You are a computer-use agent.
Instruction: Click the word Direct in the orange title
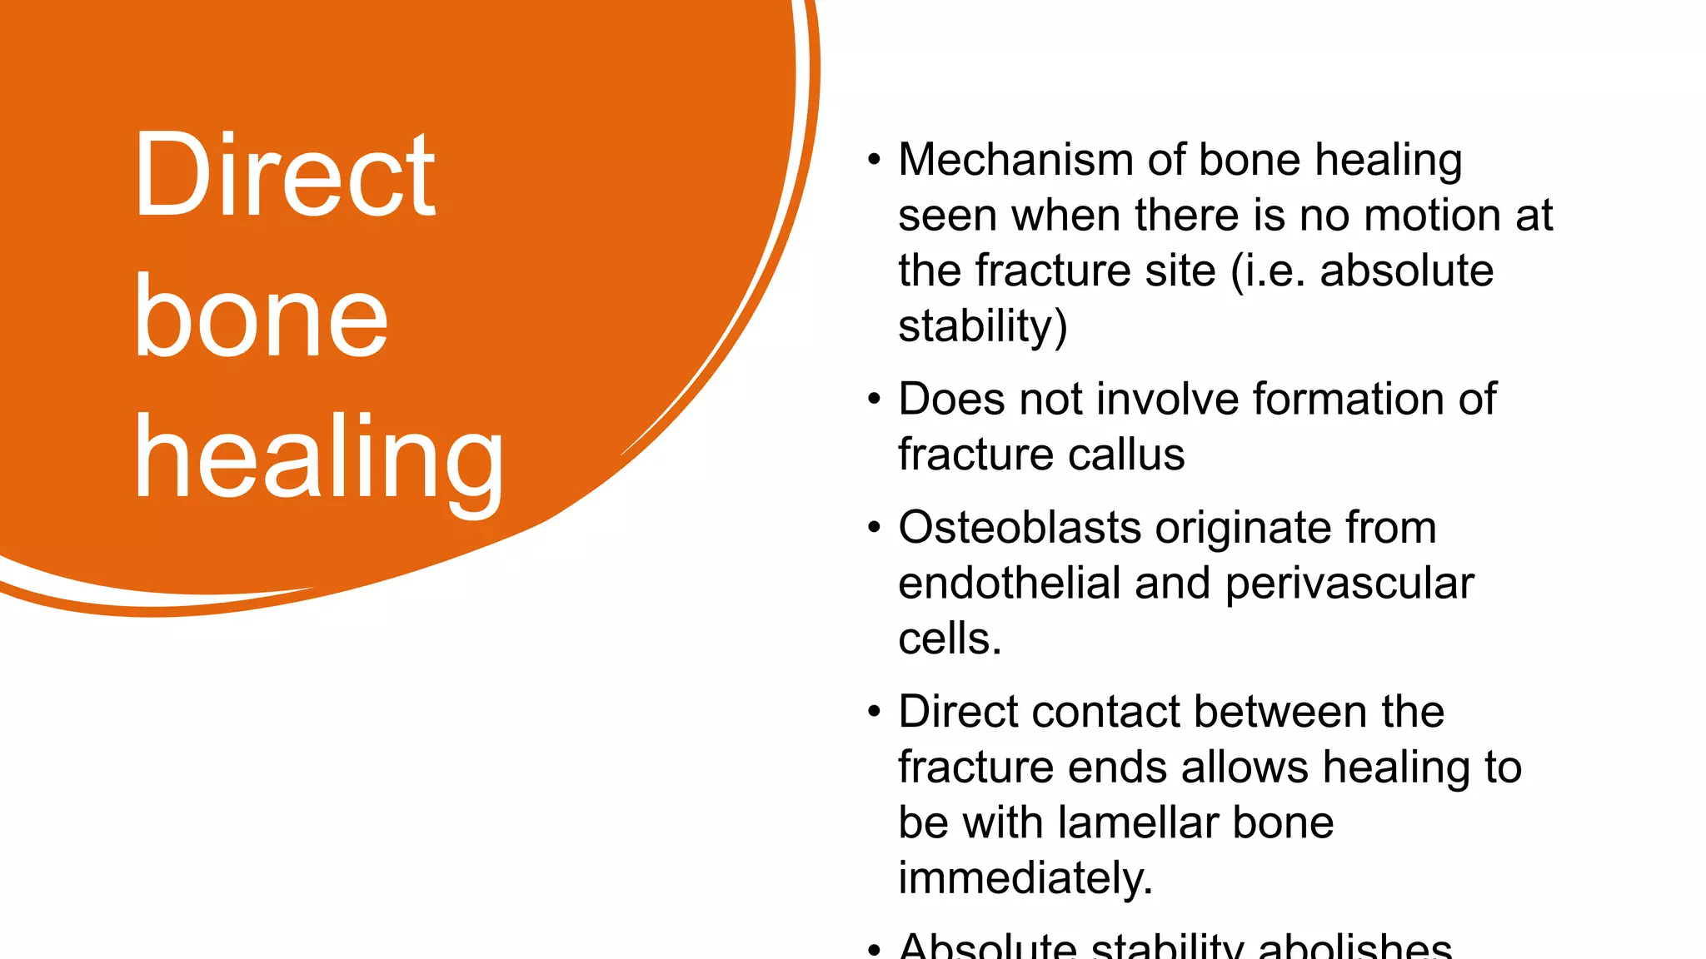[x=284, y=176]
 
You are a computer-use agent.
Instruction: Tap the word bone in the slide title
[x=261, y=318]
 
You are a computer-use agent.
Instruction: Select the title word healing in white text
[x=319, y=460]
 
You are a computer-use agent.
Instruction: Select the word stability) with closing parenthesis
[x=982, y=326]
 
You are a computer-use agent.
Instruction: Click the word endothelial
[x=1009, y=584]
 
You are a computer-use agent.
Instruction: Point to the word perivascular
[x=1349, y=584]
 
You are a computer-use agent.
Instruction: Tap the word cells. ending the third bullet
[x=950, y=639]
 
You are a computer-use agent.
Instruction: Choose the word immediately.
[x=1025, y=878]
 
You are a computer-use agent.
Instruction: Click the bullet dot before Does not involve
[x=873, y=400]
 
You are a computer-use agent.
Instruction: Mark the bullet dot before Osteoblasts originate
[x=873, y=529]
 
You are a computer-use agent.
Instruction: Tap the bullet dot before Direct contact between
[x=873, y=713]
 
